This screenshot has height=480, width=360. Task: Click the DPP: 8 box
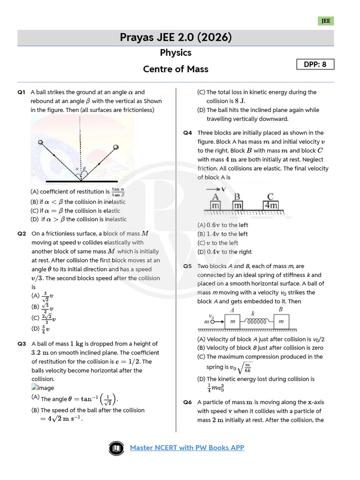coord(315,64)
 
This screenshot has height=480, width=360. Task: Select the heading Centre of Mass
coord(175,69)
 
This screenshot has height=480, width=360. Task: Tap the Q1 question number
coord(21,92)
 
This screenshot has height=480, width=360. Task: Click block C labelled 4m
coord(270,205)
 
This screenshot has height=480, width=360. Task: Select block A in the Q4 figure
coord(216,205)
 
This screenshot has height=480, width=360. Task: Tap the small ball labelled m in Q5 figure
coord(212,322)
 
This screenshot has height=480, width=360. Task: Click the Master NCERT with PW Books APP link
coord(187,448)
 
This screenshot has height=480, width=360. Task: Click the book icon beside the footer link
coord(115,448)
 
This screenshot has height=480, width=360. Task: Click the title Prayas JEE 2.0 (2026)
coord(176,37)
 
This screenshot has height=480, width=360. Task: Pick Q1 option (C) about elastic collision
coord(75,211)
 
